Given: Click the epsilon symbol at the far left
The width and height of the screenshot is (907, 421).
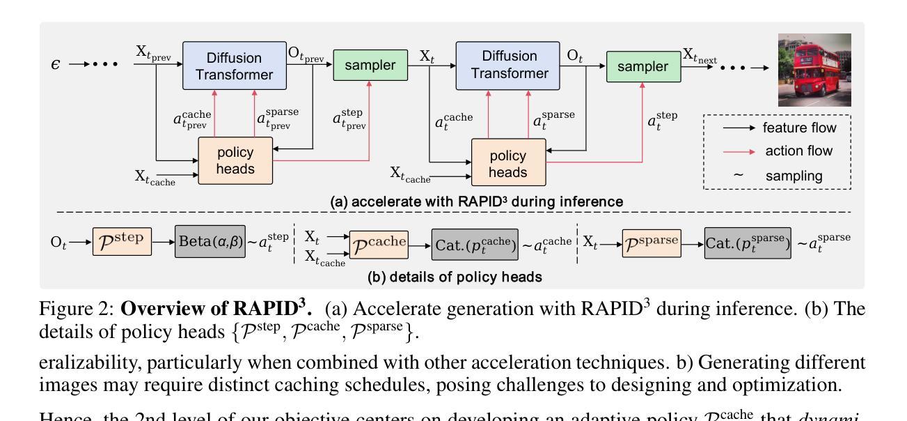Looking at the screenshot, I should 56,65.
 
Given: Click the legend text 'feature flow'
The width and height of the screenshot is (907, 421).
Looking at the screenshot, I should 800,128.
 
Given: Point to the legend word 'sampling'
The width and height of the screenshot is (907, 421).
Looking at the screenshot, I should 794,176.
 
